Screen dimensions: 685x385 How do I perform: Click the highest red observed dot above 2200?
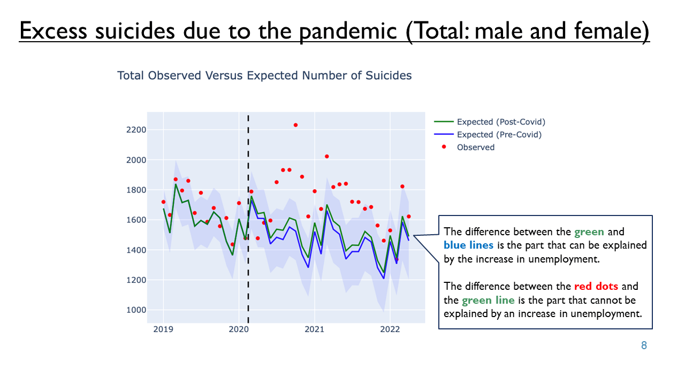tap(295, 125)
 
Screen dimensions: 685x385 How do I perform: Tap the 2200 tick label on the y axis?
tap(136, 130)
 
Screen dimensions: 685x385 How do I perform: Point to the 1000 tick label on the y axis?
tap(136, 310)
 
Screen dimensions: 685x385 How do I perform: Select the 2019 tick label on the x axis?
tap(163, 329)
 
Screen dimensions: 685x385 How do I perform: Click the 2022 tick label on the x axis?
tap(390, 329)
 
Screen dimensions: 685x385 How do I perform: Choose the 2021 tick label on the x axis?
tap(314, 329)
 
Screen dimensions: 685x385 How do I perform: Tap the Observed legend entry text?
tap(476, 147)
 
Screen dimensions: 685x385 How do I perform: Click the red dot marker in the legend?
tap(444, 147)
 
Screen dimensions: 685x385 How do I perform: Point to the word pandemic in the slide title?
tap(348, 31)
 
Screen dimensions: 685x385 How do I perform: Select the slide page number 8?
tap(644, 345)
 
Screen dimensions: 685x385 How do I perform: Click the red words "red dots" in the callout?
tap(596, 286)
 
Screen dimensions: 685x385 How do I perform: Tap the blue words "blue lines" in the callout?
tap(468, 245)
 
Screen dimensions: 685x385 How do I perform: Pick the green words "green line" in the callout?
tap(488, 300)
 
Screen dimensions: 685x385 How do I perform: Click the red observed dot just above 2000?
tap(326, 157)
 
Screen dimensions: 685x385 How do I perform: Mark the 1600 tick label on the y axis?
tap(136, 220)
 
